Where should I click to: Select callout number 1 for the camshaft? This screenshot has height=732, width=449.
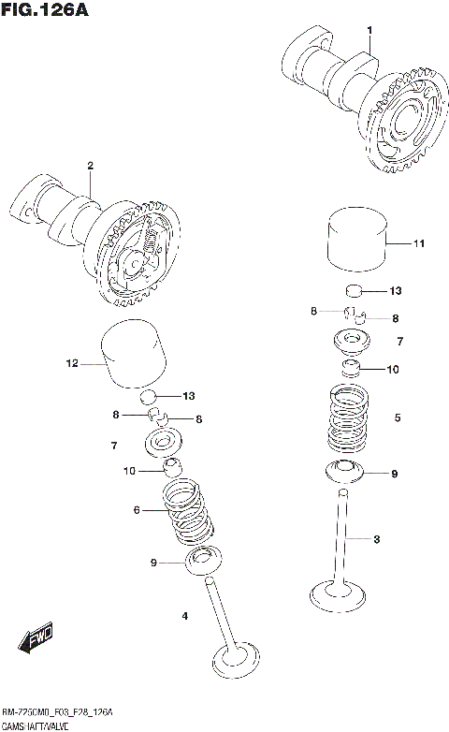369,31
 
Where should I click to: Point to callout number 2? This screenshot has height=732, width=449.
91,166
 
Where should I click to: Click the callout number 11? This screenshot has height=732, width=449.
418,244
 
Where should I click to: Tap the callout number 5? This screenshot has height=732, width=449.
398,417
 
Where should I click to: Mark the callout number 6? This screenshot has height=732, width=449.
137,510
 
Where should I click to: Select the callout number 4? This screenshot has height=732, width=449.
184,615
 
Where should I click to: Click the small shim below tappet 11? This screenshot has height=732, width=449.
354,291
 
